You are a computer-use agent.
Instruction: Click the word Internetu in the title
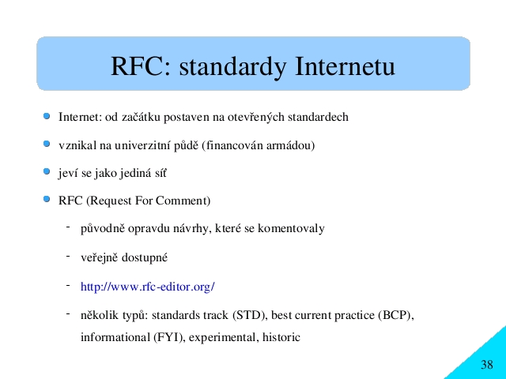[345, 66]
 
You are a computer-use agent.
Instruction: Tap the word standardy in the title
[232, 67]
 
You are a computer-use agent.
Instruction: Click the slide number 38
[487, 365]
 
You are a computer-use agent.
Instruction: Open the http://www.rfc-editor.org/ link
[148, 286]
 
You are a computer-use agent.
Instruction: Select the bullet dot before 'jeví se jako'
[47, 171]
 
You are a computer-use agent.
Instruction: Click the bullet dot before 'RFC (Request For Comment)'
[47, 199]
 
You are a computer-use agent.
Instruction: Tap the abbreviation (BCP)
[395, 315]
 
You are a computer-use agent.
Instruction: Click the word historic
[281, 337]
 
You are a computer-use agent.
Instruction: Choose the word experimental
[224, 338]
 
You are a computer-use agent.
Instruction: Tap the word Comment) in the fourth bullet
[183, 201]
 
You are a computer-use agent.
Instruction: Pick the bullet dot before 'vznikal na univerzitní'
[47, 144]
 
